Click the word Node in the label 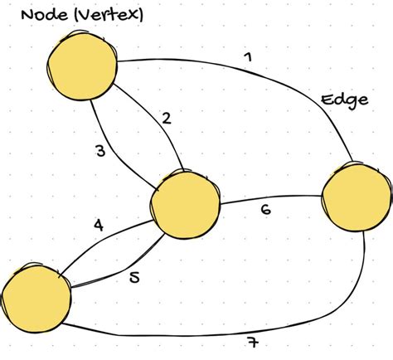tap(37, 14)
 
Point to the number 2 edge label tap(166, 118)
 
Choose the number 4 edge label tap(98, 224)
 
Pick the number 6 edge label tap(265, 210)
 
